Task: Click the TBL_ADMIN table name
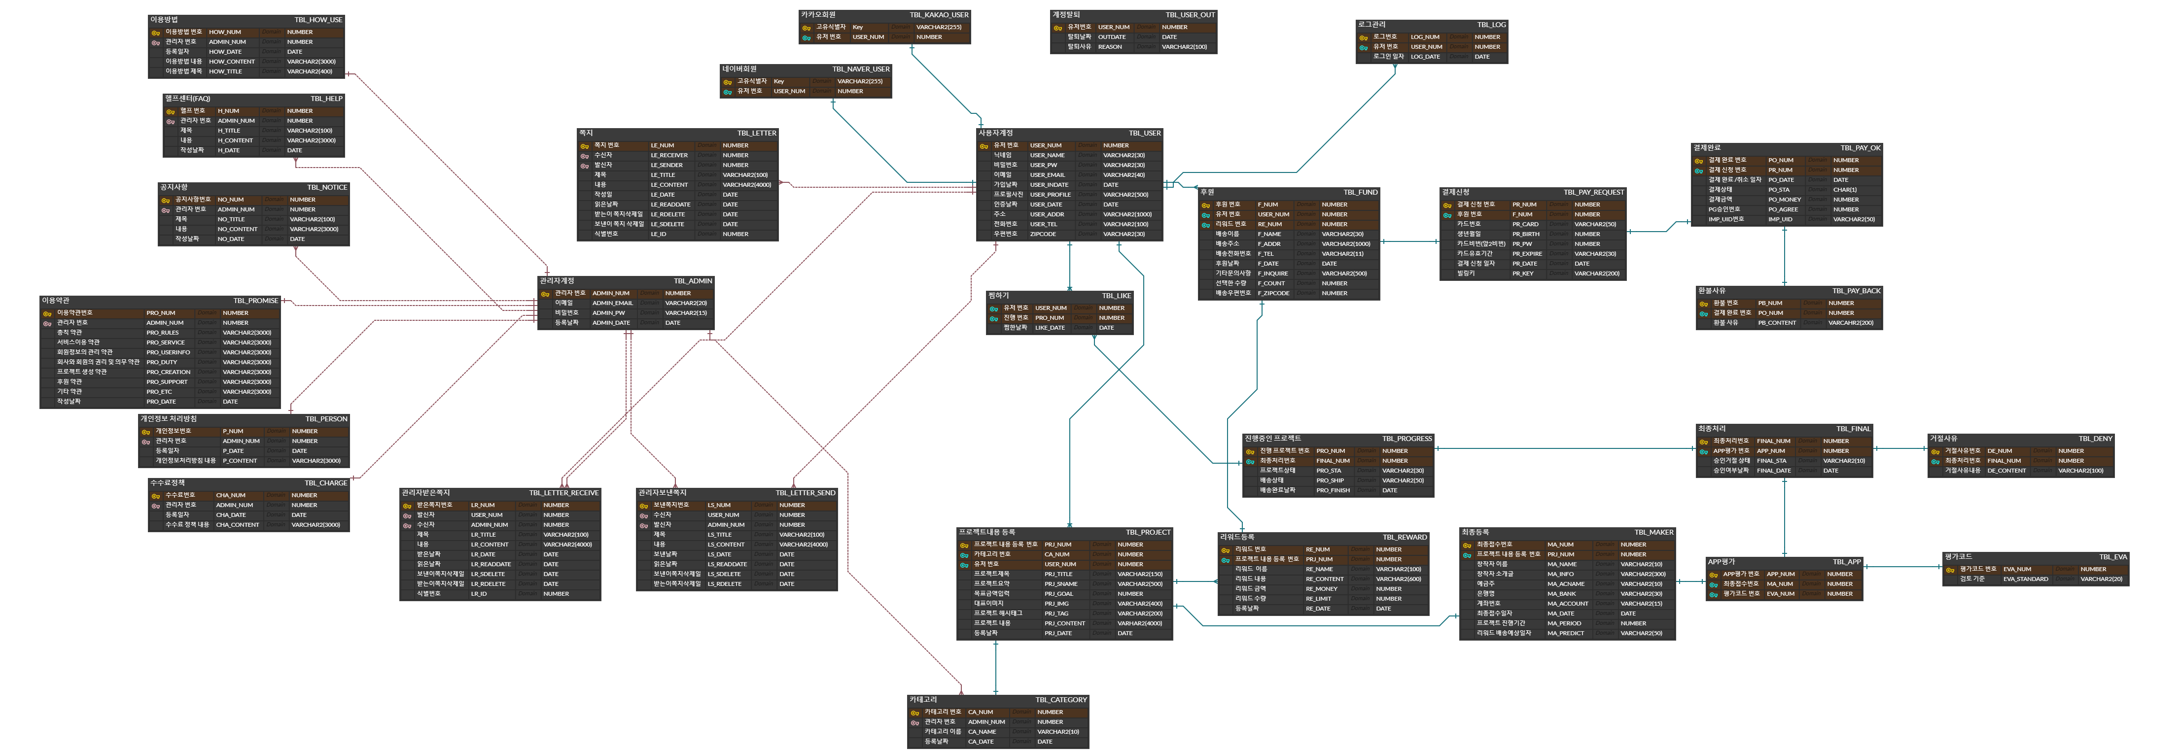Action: click(693, 281)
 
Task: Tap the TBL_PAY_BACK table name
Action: click(1856, 291)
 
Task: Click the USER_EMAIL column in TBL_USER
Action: click(1047, 175)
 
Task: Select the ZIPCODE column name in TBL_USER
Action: click(1043, 234)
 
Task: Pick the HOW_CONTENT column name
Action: click(232, 62)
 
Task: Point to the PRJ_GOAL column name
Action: click(1058, 594)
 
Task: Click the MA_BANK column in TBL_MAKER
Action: click(1561, 594)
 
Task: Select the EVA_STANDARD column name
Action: click(2025, 579)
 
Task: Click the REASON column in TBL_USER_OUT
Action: click(1110, 47)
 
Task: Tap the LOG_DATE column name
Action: click(1424, 57)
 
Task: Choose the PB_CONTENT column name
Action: click(1776, 323)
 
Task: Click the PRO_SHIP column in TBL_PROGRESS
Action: click(1330, 480)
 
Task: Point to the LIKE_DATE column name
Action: click(1050, 328)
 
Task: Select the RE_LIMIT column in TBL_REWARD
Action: click(1318, 599)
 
